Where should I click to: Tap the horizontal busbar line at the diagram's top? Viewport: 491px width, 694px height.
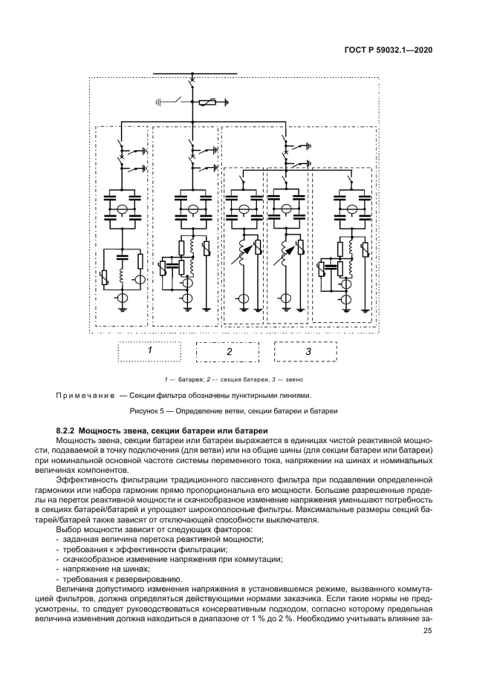195,74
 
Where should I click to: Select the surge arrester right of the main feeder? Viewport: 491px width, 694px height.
213,101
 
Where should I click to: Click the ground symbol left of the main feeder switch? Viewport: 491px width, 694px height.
160,100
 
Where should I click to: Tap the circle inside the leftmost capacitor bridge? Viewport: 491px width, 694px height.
125,208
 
